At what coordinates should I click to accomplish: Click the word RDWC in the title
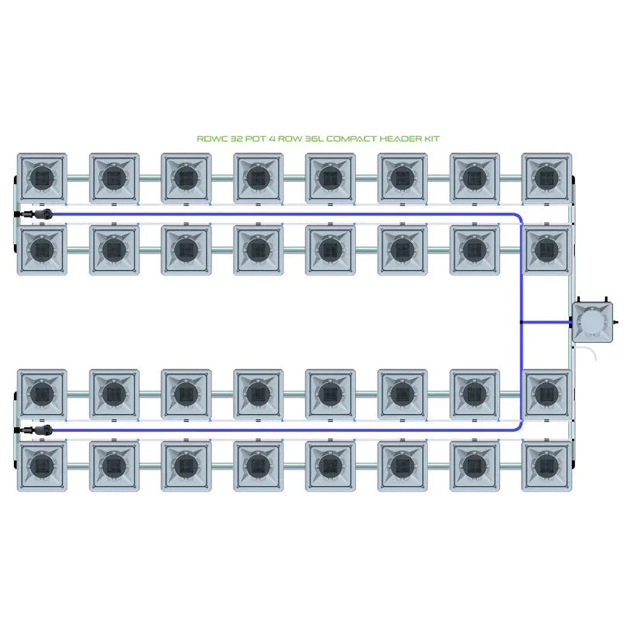click(211, 139)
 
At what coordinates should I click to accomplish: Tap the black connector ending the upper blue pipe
click(40, 213)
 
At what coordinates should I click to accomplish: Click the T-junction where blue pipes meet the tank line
click(522, 321)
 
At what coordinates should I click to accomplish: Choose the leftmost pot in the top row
click(42, 179)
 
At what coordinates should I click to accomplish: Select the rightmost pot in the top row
click(548, 179)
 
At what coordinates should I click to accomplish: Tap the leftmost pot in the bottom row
click(42, 466)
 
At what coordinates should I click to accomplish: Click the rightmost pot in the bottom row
click(548, 466)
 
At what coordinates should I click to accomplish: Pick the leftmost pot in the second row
click(42, 250)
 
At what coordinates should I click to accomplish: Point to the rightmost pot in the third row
click(548, 395)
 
